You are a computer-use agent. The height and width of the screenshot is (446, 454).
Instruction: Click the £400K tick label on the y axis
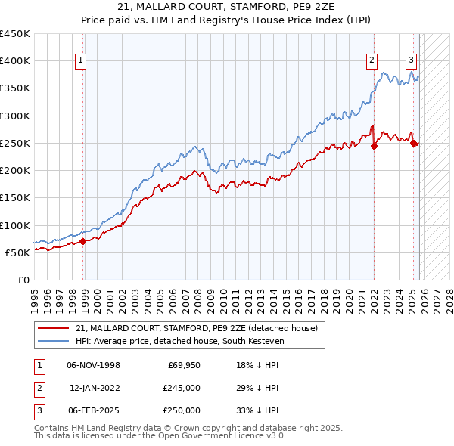[x=15, y=61]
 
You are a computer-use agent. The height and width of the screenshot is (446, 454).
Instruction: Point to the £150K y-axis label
[x=15, y=198]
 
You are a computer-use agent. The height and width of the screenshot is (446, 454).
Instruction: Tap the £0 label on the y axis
[x=23, y=280]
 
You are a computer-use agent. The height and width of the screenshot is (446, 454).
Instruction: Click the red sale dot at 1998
[x=83, y=242]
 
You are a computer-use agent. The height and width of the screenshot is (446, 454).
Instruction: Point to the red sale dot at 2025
[x=414, y=144]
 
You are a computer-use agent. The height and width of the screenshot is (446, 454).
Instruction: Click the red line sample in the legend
[x=54, y=328]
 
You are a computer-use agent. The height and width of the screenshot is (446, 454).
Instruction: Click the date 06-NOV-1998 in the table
[x=93, y=365]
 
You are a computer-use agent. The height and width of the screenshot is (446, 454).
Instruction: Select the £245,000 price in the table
[x=182, y=388]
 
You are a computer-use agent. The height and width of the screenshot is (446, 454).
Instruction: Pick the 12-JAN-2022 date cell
[x=93, y=388]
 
